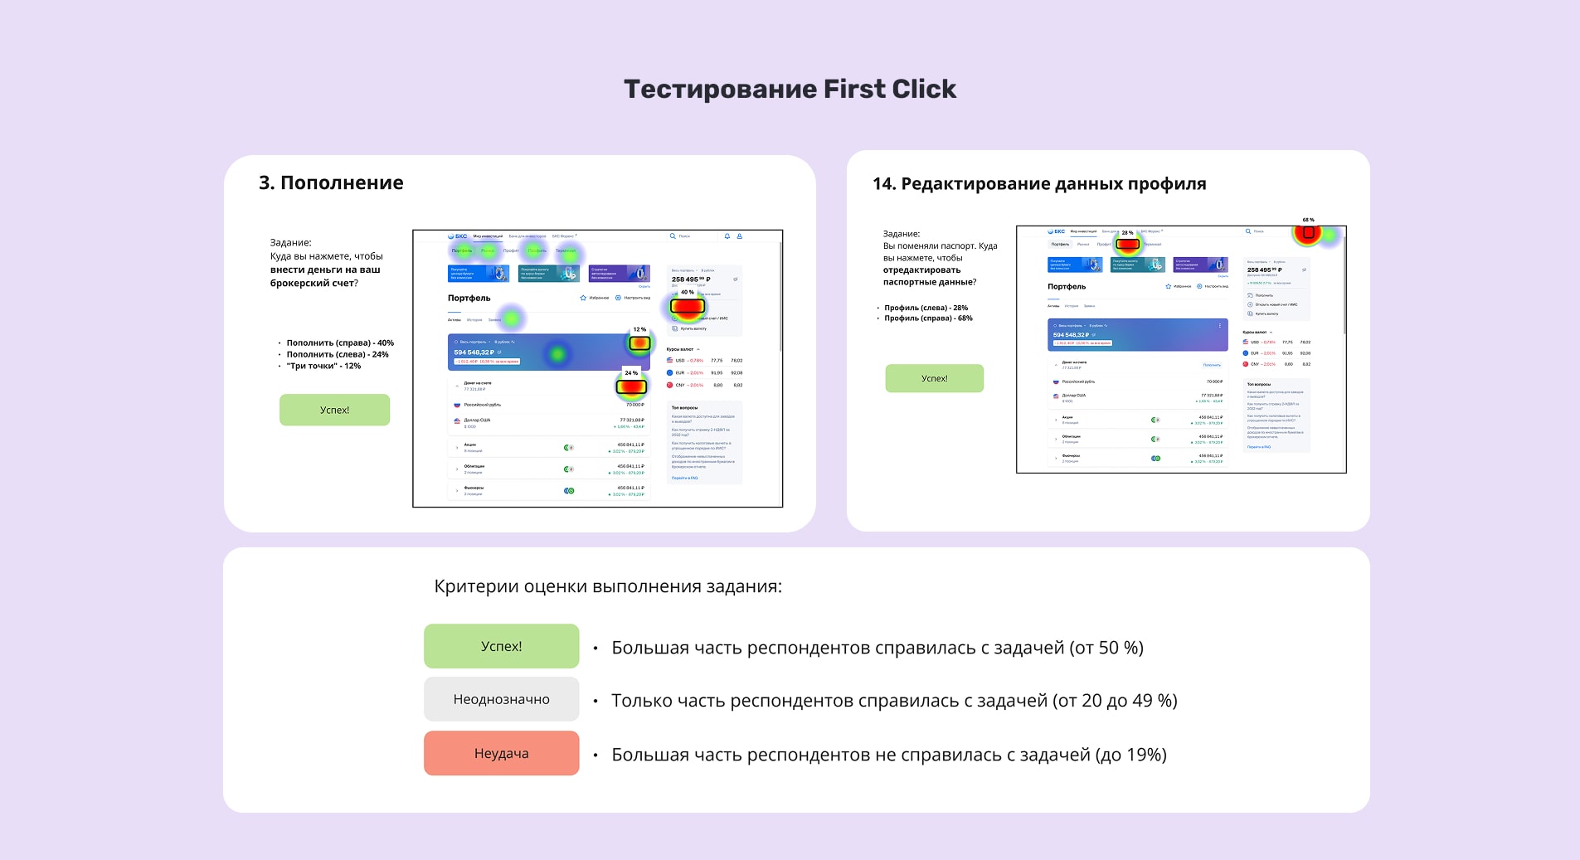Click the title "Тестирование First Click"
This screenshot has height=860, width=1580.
pyautogui.click(x=790, y=90)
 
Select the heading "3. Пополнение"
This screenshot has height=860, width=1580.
pyautogui.click(x=331, y=183)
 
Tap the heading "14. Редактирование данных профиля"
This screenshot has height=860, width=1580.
pyautogui.click(x=1039, y=184)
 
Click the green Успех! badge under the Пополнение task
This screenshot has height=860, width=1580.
pyautogui.click(x=334, y=410)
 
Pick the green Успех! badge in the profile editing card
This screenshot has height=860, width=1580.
pyautogui.click(x=934, y=378)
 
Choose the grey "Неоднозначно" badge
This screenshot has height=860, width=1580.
pyautogui.click(x=501, y=699)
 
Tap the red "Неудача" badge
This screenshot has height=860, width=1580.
pyautogui.click(x=501, y=753)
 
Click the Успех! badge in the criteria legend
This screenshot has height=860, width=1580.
pyautogui.click(x=501, y=646)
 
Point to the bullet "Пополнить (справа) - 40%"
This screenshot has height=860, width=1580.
pyautogui.click(x=340, y=343)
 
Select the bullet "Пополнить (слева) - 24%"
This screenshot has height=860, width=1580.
pyautogui.click(x=338, y=354)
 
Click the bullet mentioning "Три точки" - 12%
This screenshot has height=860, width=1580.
pyautogui.click(x=323, y=366)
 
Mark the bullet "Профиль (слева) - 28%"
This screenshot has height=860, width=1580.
pyautogui.click(x=926, y=308)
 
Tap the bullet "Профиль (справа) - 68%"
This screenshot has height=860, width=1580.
pyautogui.click(x=928, y=318)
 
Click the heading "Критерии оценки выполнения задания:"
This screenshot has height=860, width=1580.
pyautogui.click(x=608, y=586)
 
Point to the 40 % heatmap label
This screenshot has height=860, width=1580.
pyautogui.click(x=687, y=292)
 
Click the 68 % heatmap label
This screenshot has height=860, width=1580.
pyautogui.click(x=1308, y=220)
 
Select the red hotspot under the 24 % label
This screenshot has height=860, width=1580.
pyautogui.click(x=631, y=386)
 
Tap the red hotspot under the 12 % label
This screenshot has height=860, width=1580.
pyautogui.click(x=639, y=343)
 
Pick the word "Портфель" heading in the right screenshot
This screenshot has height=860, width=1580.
pyautogui.click(x=1067, y=287)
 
